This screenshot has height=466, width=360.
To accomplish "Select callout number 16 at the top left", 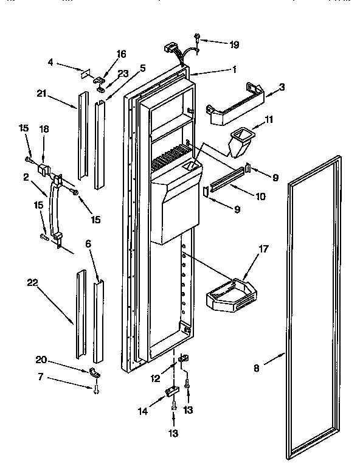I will [121, 54].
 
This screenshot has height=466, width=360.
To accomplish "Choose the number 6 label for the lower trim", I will [89, 243].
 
